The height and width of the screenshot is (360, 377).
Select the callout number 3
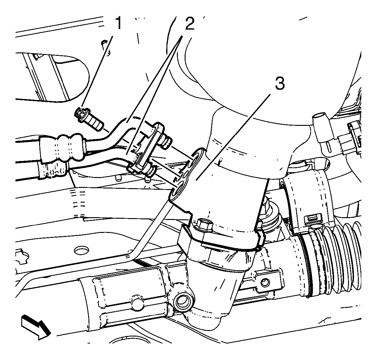tap(280, 84)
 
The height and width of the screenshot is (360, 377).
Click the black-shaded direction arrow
tap(36, 329)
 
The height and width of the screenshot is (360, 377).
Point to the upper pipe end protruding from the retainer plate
tap(165, 142)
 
